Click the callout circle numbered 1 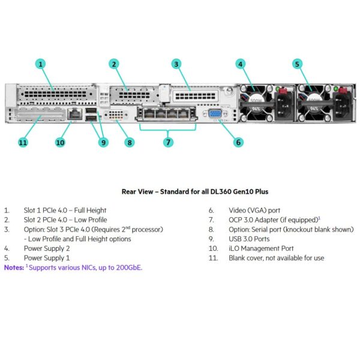click(40, 64)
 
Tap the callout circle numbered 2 click(114, 64)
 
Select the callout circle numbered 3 click(176, 64)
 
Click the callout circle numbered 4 click(241, 64)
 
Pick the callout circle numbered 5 click(297, 64)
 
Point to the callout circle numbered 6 click(238, 142)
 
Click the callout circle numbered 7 click(168, 142)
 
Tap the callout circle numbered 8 click(130, 142)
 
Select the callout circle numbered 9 click(103, 142)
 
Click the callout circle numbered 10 click(60, 142)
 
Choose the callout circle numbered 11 click(23, 142)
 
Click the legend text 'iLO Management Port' click(261, 248)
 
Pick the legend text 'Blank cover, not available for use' click(277, 257)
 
